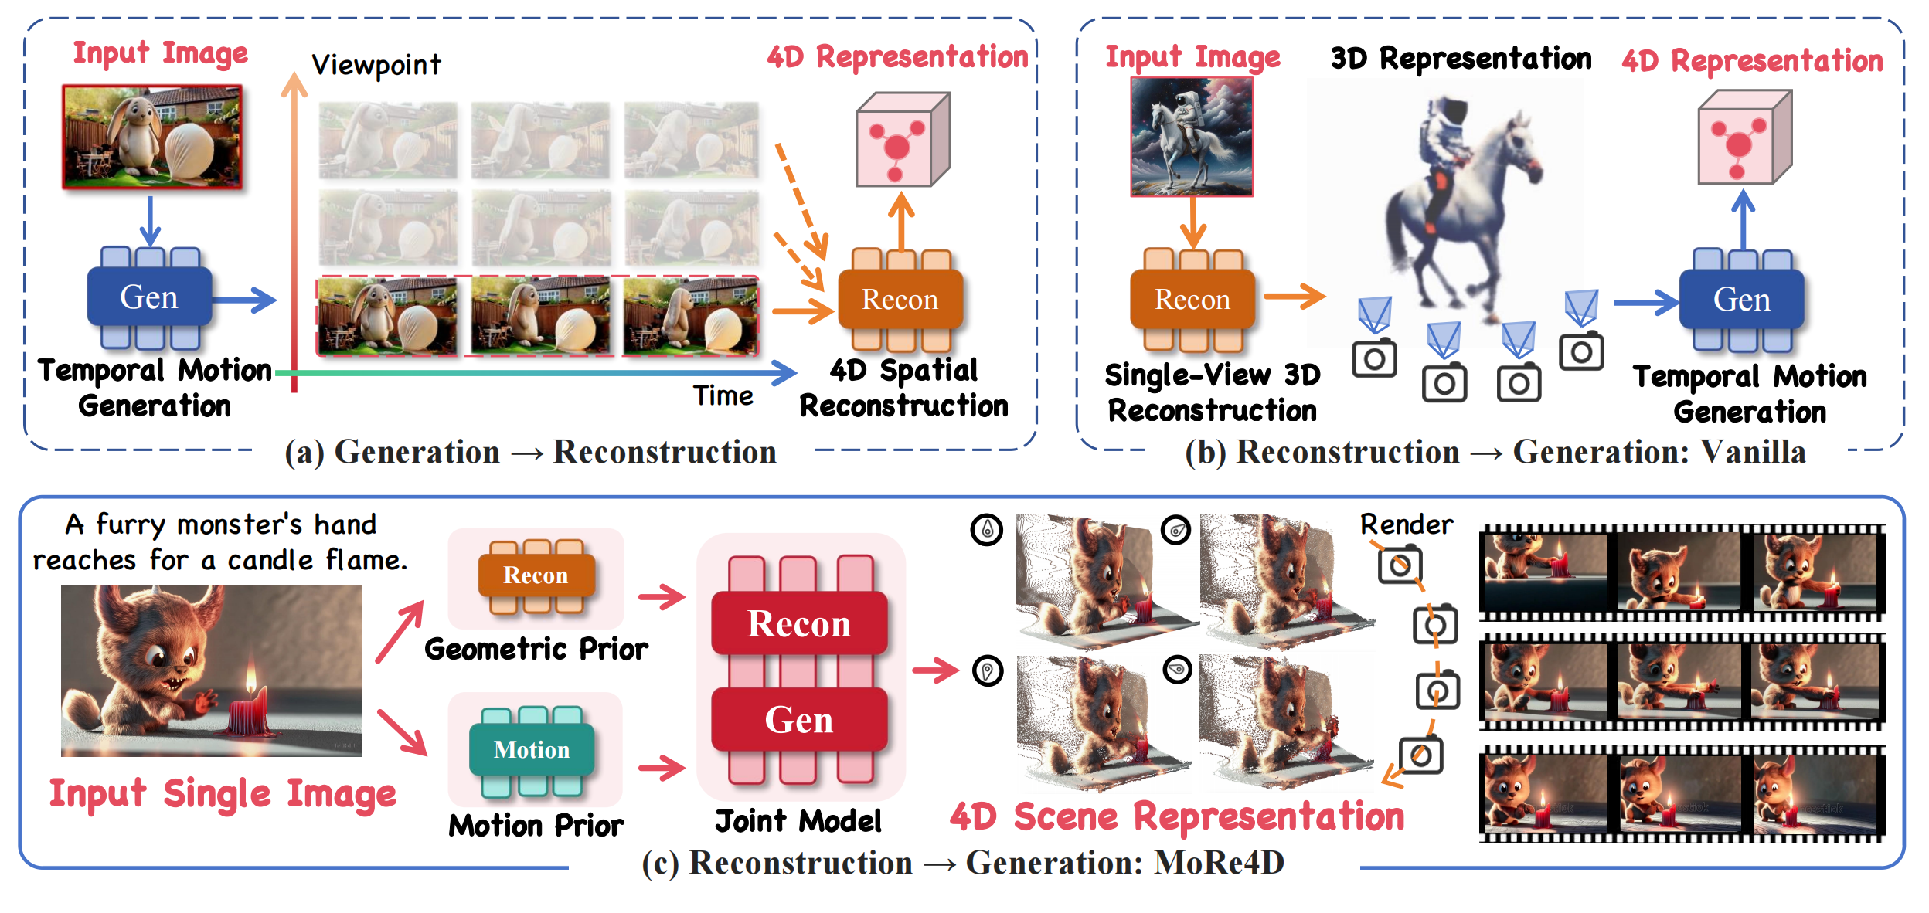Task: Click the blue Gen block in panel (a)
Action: click(x=149, y=297)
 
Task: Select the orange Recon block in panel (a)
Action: click(x=900, y=300)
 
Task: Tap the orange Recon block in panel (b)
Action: click(x=1192, y=300)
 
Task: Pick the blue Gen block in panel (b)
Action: click(x=1742, y=300)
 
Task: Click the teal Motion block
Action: click(x=532, y=749)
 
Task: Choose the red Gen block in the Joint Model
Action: click(x=799, y=720)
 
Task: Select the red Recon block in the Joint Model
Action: click(x=799, y=623)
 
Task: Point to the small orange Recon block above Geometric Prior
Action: click(x=536, y=575)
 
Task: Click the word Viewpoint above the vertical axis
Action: click(x=376, y=66)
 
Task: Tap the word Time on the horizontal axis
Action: click(x=723, y=396)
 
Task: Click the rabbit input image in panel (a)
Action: click(x=152, y=137)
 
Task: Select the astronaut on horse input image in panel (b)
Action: click(x=1191, y=137)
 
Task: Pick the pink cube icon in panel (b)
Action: click(x=1744, y=137)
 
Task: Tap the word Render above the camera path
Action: click(x=1406, y=524)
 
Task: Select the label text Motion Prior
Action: click(x=536, y=826)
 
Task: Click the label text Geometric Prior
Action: click(x=536, y=649)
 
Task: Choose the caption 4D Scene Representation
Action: click(x=1177, y=816)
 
